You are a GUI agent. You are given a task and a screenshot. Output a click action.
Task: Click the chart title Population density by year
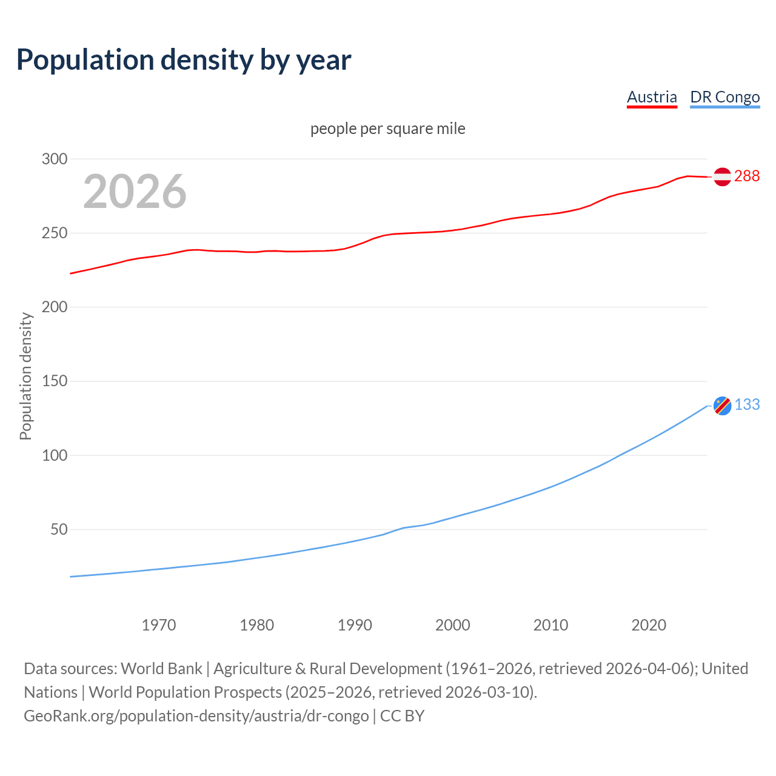[184, 60]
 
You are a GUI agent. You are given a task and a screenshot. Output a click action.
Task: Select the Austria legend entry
[652, 97]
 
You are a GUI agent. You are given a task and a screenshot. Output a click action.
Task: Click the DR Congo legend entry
[724, 97]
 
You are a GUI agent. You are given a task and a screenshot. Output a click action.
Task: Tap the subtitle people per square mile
[387, 129]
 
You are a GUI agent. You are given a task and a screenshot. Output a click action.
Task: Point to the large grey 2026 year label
[135, 192]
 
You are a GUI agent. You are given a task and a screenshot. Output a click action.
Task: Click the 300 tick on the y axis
[54, 159]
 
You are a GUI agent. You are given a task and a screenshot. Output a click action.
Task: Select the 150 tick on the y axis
[54, 381]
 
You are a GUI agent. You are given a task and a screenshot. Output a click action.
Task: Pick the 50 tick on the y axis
[59, 529]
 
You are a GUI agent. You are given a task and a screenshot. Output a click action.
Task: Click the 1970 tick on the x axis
[159, 625]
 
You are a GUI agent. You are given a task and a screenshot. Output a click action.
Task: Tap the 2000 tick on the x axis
[452, 625]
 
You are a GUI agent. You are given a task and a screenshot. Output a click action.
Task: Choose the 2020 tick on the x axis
[649, 625]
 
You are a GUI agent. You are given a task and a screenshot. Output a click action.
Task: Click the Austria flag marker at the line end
[722, 176]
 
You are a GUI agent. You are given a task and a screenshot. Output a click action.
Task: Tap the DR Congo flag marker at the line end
[722, 406]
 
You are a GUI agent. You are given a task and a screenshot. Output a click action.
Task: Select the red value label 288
[747, 176]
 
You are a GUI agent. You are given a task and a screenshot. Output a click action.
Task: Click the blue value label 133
[747, 404]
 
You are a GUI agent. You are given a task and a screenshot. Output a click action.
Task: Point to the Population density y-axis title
[25, 376]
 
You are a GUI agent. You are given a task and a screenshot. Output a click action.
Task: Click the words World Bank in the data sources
[161, 669]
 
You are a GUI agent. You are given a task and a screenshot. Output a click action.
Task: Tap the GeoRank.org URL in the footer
[196, 716]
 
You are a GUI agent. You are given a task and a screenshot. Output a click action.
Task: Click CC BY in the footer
[402, 716]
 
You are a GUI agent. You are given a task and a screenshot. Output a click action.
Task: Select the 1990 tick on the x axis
[355, 625]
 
